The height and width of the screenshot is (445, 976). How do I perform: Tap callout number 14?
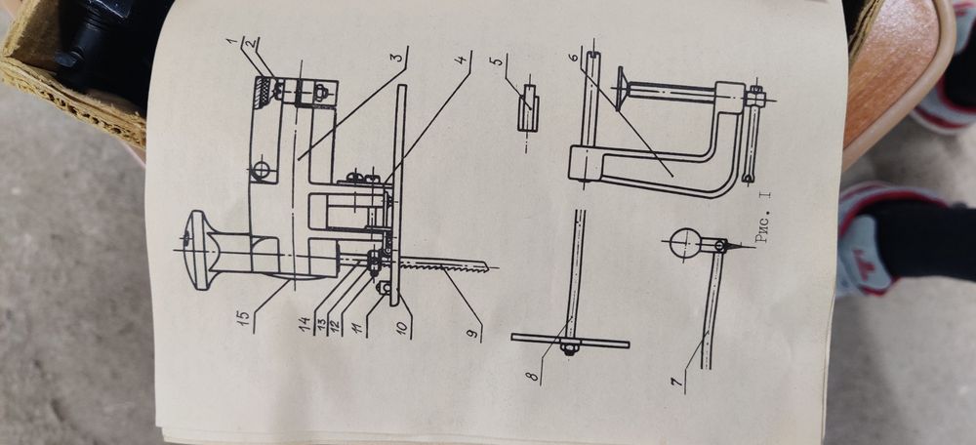pos(305,324)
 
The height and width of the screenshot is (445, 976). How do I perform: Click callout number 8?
pos(533,376)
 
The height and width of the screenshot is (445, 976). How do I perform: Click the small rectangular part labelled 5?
pos(528,107)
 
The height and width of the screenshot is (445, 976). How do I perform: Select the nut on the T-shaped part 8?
pos(568,347)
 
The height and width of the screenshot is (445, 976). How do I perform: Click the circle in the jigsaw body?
pos(262,170)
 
